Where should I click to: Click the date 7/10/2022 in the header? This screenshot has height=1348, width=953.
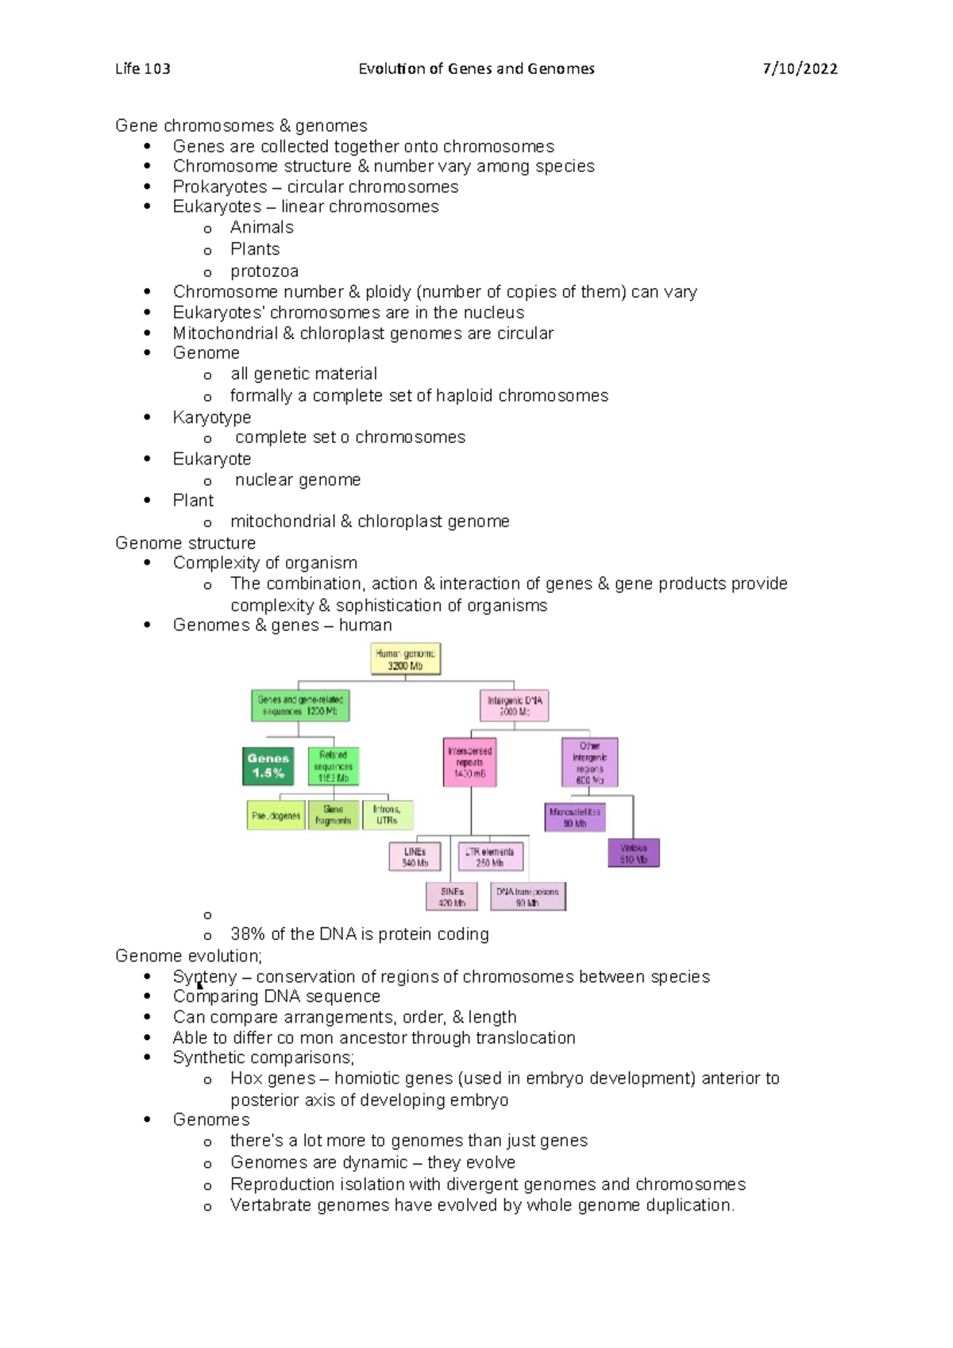[x=800, y=69]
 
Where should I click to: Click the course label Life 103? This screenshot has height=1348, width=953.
[x=143, y=69]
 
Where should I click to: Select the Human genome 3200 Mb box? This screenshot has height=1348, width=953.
[x=406, y=660]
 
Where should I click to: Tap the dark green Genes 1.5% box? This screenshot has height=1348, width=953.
[x=268, y=766]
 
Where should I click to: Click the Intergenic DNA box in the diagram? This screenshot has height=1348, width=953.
[x=515, y=706]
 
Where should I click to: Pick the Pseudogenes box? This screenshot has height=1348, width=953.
[x=276, y=816]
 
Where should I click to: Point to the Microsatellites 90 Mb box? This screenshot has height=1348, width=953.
[x=575, y=818]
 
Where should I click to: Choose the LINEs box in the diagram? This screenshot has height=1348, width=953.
[x=415, y=857]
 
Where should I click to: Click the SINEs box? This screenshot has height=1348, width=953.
[x=452, y=897]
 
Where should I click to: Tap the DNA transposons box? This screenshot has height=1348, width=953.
[x=528, y=897]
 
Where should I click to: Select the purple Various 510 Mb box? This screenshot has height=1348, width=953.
[x=634, y=853]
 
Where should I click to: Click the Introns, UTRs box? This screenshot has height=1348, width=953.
[x=388, y=815]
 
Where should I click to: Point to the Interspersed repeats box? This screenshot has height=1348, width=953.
[x=470, y=762]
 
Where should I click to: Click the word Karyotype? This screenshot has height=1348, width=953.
[x=212, y=418]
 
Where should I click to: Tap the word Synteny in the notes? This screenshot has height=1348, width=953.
[x=205, y=976]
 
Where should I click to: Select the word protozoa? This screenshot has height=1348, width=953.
[x=264, y=272]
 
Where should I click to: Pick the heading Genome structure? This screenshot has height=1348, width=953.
[x=185, y=543]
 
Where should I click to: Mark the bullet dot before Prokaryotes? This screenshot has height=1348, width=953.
[x=147, y=187]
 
